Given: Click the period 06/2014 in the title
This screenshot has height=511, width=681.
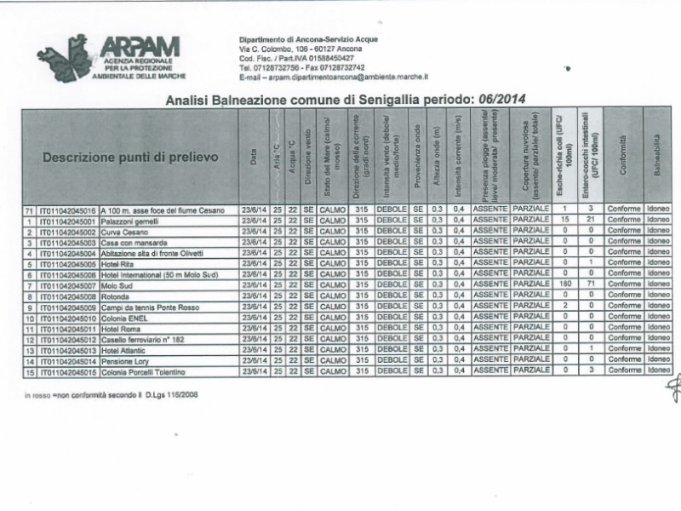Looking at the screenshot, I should coord(496,99).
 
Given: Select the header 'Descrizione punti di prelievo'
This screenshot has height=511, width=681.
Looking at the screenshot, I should coord(130,158).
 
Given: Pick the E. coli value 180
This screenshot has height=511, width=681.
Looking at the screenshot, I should coord(564,284).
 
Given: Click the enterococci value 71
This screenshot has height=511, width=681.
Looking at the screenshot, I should coord(589,284).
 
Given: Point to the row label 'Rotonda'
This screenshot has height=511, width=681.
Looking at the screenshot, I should coord(115,296).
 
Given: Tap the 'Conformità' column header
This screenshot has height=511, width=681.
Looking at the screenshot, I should coord(623,158).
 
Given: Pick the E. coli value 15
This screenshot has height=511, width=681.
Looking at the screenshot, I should coord(564,220).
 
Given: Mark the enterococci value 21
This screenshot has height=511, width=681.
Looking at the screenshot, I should coord(589,220).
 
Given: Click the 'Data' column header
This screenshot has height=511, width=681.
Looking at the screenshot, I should coord(253,158).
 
